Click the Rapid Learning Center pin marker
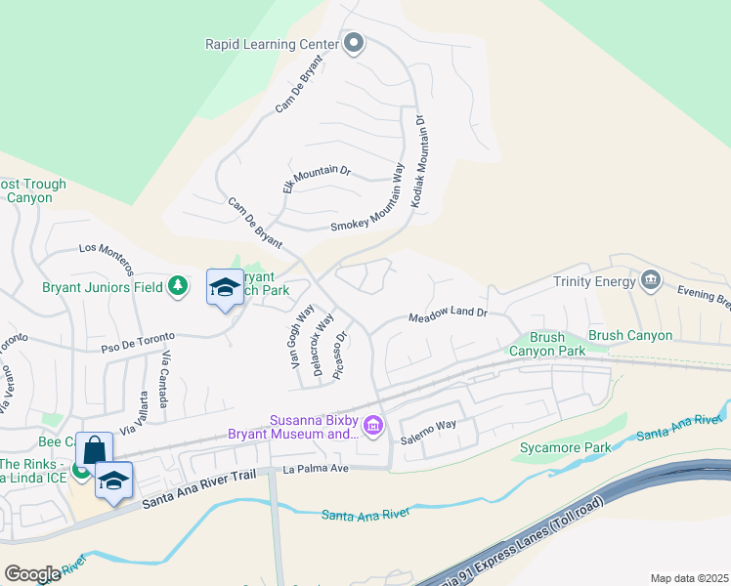click(x=354, y=44)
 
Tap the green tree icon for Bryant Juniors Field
click(x=177, y=285)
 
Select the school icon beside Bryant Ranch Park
click(x=225, y=287)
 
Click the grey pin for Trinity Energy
click(x=651, y=281)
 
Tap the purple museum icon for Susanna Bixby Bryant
click(x=372, y=425)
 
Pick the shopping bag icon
click(x=94, y=450)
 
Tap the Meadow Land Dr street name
click(x=447, y=315)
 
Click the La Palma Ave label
click(x=316, y=469)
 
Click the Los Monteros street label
click(x=106, y=258)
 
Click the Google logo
click(x=31, y=574)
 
